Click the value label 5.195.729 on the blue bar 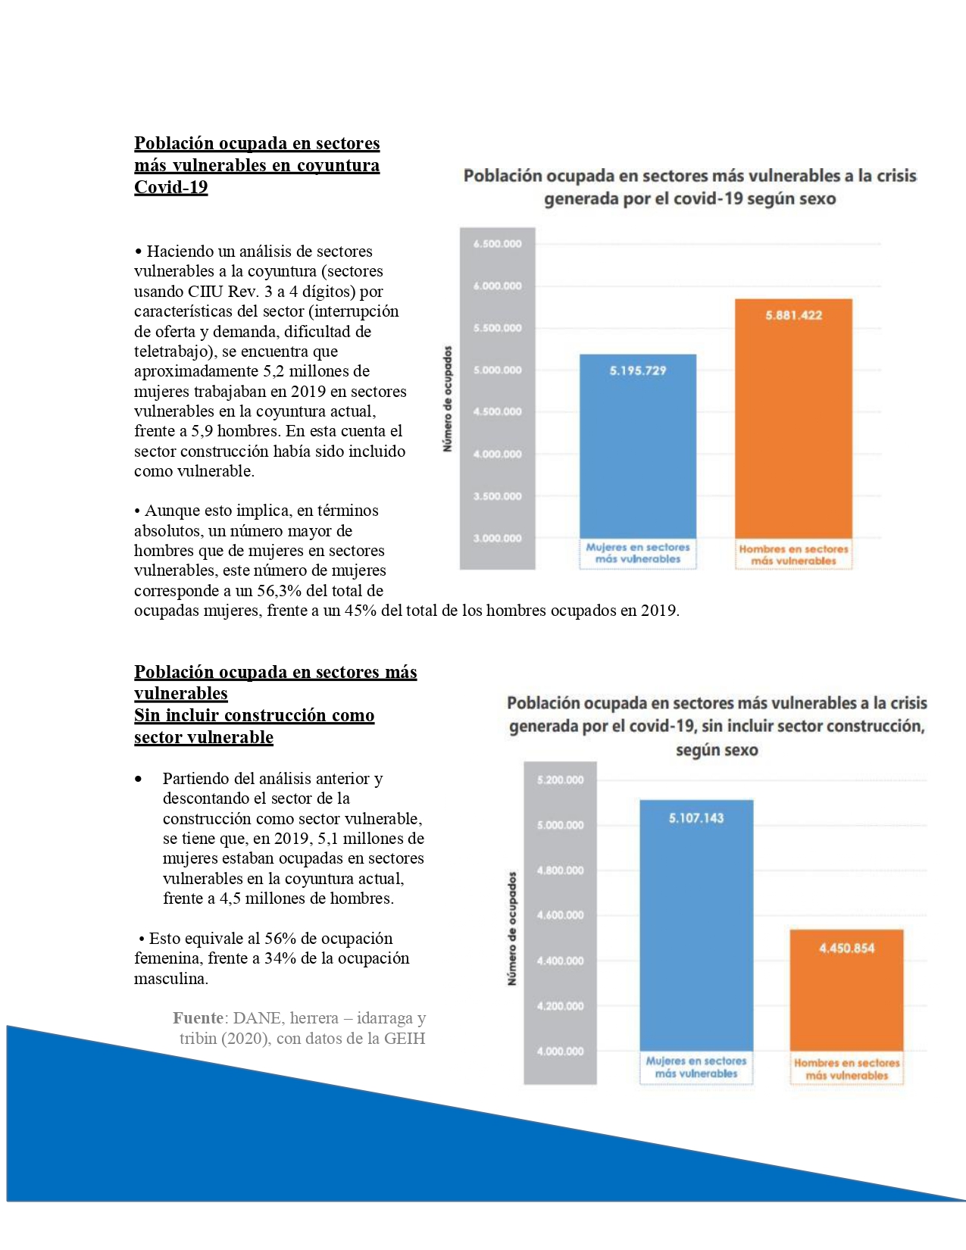[638, 370]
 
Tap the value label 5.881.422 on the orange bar [793, 315]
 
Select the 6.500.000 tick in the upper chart [497, 244]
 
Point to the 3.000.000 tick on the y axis [497, 539]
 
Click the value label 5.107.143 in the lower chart [696, 818]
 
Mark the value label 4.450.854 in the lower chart [846, 948]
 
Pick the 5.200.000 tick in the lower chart [560, 780]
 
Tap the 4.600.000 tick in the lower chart [560, 915]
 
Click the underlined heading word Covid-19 [170, 187]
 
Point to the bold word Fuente [198, 1018]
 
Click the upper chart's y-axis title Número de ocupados [448, 399]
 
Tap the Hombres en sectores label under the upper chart [793, 549]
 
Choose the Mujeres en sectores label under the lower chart [696, 1061]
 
